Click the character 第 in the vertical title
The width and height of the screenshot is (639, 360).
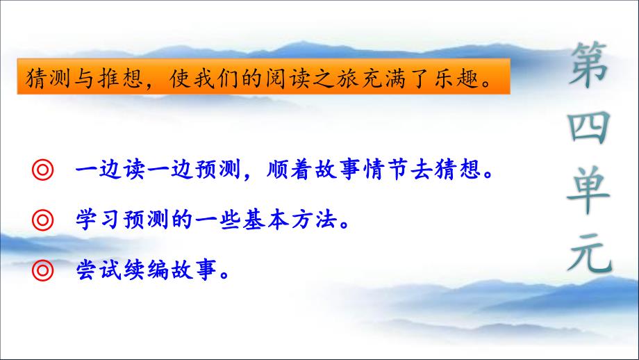[588, 65]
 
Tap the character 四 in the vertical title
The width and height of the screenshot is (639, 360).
[588, 127]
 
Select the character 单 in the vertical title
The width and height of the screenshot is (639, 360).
[588, 190]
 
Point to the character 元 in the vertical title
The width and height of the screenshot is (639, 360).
[590, 253]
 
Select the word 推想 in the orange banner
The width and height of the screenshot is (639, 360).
[121, 78]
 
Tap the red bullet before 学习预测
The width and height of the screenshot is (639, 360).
[43, 220]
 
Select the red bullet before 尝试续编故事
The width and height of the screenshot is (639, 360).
[43, 270]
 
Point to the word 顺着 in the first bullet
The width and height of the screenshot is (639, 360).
[290, 169]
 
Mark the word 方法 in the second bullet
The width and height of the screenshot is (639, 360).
[314, 220]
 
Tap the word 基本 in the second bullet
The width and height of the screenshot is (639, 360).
[266, 220]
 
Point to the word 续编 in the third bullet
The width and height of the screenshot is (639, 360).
[146, 270]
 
